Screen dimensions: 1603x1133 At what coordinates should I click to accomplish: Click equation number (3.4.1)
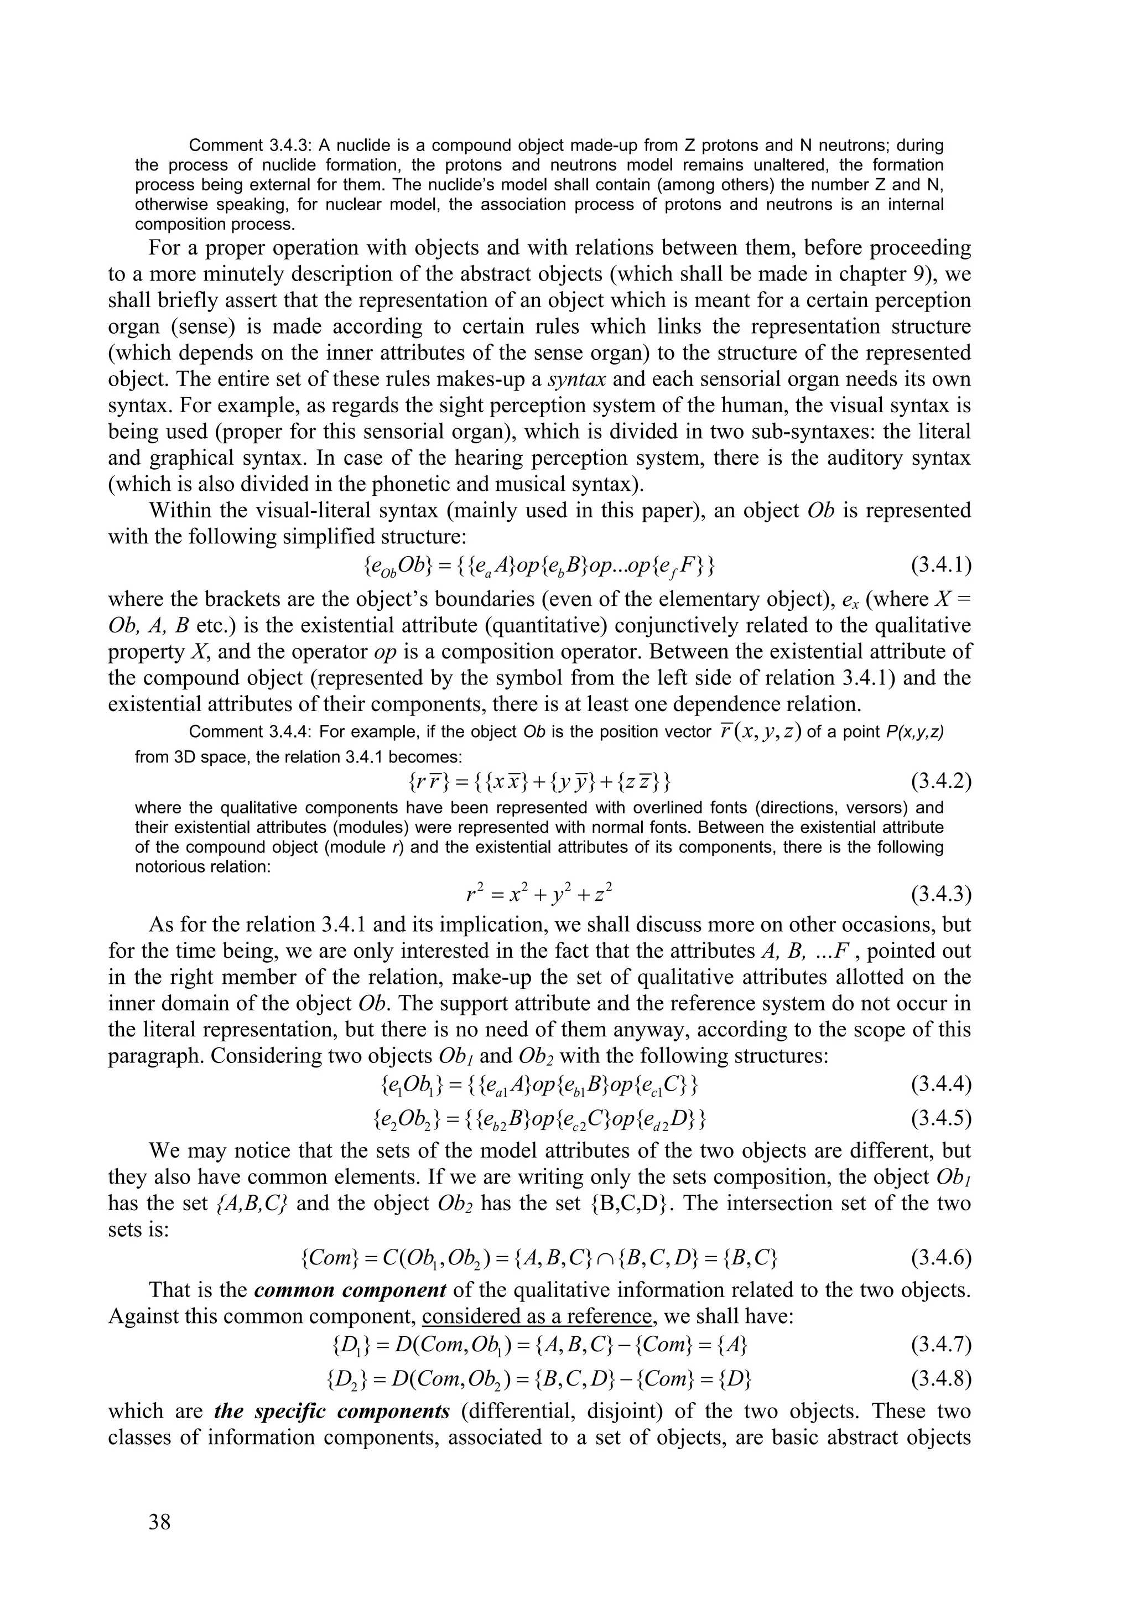941,564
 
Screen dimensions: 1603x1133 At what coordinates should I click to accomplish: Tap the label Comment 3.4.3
248,146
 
